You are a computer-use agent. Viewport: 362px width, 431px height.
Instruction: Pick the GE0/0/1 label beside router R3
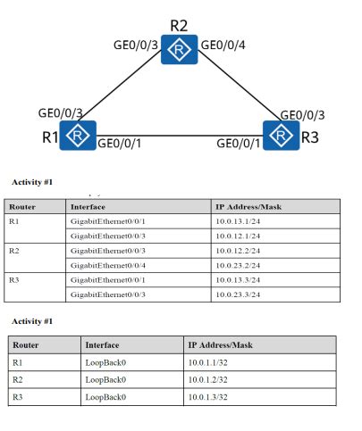(239, 143)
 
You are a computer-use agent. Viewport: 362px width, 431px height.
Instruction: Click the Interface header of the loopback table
(101, 344)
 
